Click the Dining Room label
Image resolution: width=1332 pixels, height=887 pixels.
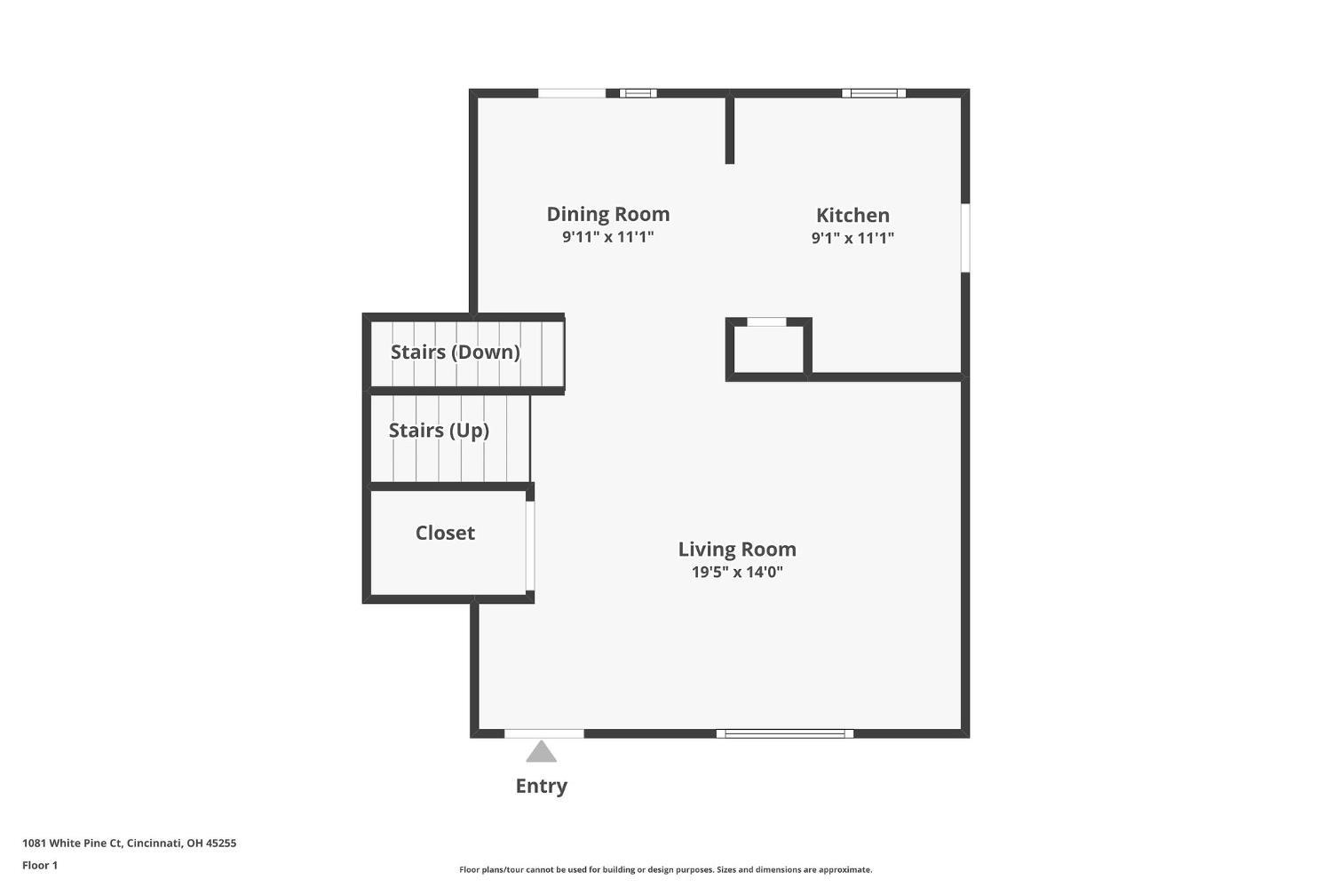(x=607, y=214)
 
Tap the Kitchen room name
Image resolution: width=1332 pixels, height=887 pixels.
(x=852, y=215)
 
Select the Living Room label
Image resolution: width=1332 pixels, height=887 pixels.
(x=737, y=549)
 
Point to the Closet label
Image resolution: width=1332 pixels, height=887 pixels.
(x=445, y=533)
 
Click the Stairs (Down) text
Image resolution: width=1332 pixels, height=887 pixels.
(x=455, y=352)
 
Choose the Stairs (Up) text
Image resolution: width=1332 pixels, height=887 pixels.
(x=439, y=431)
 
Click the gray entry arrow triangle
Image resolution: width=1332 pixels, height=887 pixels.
(x=541, y=753)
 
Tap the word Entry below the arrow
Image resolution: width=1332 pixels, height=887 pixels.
(x=541, y=786)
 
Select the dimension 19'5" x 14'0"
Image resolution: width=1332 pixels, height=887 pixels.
(x=737, y=572)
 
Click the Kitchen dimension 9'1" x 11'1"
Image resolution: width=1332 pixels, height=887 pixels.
(x=852, y=238)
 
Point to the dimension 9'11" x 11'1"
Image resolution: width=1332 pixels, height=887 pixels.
(x=607, y=237)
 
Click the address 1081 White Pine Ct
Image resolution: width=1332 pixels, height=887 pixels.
(x=129, y=843)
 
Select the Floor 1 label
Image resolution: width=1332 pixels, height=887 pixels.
(x=40, y=865)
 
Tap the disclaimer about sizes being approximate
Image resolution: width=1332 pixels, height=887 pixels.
(x=665, y=870)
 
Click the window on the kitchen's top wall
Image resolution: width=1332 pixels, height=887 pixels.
(x=874, y=93)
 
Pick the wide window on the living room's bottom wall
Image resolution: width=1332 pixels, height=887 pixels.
(x=785, y=733)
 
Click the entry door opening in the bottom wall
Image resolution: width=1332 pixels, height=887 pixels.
(x=544, y=733)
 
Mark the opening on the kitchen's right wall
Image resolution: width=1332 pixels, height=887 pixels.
(x=965, y=237)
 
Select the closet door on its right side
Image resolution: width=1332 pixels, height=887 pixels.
(x=529, y=546)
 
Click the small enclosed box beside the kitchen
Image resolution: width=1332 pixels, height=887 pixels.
(x=767, y=349)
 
